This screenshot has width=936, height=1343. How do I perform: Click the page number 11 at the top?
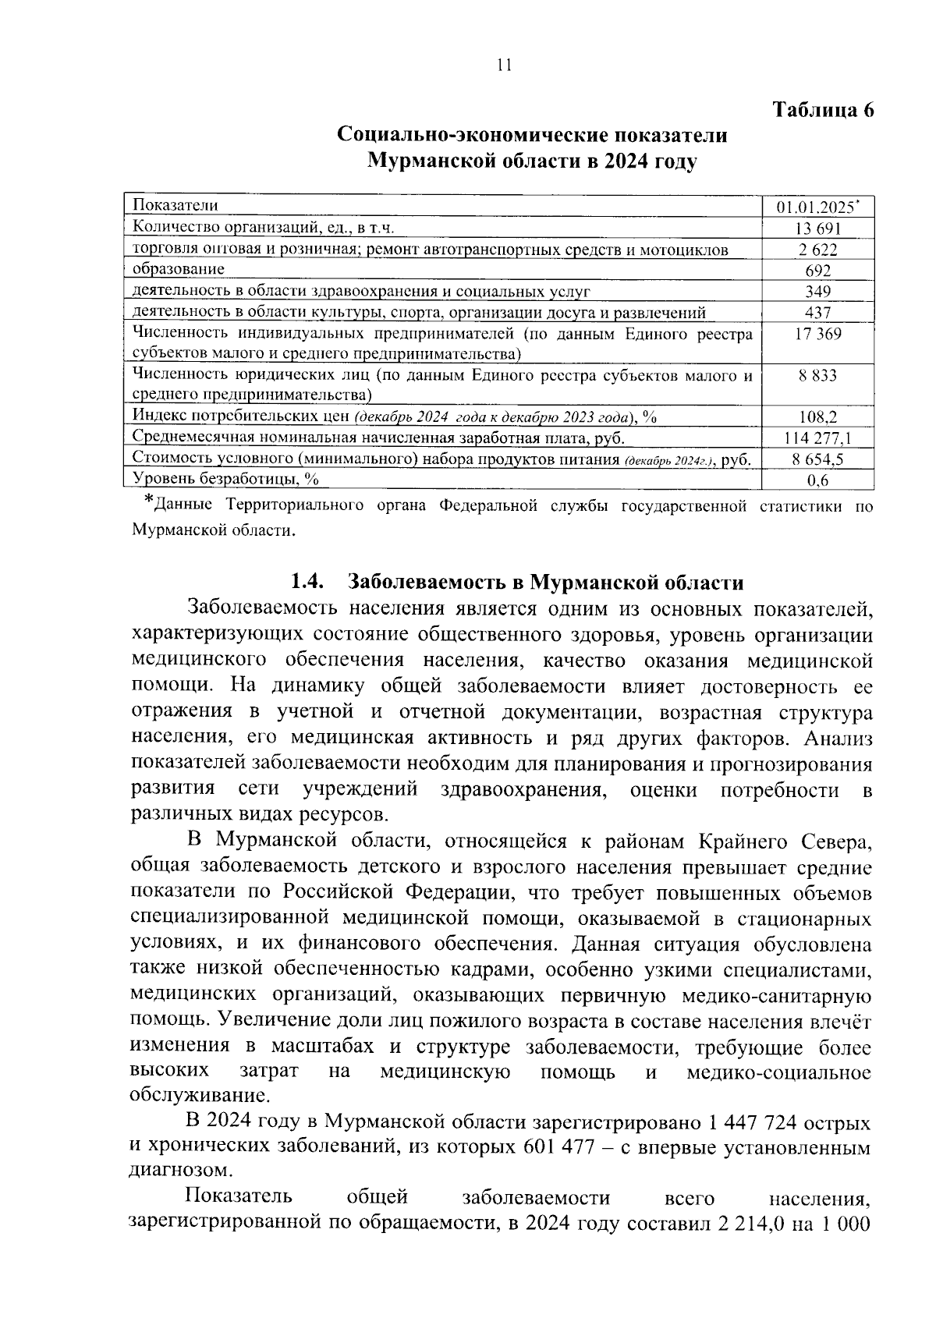(503, 66)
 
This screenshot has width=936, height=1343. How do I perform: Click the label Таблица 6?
(823, 109)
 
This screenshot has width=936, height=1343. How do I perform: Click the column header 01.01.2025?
(817, 207)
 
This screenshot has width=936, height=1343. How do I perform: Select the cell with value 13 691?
(817, 229)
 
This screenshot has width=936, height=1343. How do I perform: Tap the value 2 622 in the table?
(817, 250)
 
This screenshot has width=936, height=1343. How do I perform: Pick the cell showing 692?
(817, 271)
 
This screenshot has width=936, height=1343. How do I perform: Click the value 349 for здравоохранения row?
(817, 292)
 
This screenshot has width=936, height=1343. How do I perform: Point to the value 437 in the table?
(817, 313)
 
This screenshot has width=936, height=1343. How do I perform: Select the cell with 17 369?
(817, 334)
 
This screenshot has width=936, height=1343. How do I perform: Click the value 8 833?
(817, 376)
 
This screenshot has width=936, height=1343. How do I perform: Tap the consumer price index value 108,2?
(817, 417)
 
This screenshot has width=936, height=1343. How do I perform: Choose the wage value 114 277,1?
(817, 438)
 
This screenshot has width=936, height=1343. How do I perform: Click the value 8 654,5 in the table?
(817, 459)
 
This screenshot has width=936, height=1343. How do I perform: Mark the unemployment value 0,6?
(817, 480)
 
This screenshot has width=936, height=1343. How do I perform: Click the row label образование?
(179, 270)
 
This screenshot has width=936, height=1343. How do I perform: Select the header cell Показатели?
(175, 206)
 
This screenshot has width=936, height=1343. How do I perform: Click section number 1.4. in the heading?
(307, 583)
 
